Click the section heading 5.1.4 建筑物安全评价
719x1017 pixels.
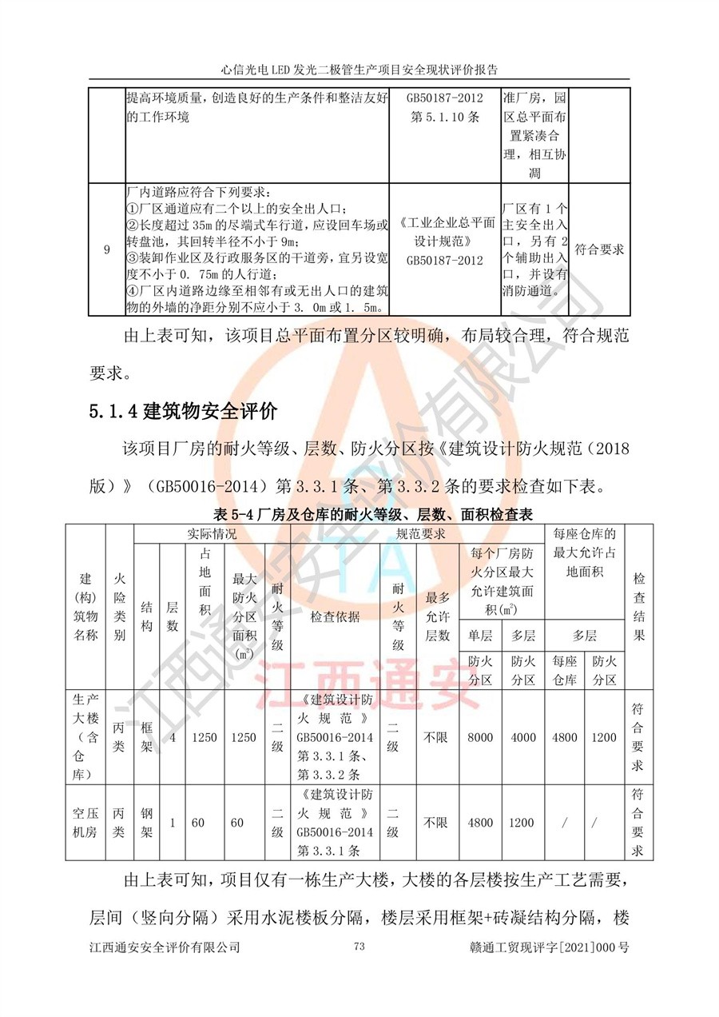click(183, 412)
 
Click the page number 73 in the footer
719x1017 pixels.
click(359, 947)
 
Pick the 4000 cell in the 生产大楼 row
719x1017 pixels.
click(523, 737)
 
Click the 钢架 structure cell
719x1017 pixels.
click(146, 823)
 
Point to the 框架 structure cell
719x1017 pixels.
click(146, 737)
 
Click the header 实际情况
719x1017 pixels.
click(212, 533)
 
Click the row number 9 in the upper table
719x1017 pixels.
click(107, 249)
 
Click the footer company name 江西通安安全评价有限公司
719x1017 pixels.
click(165, 947)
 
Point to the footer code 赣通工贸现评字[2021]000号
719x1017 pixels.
click(550, 947)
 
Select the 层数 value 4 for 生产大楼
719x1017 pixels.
click(173, 737)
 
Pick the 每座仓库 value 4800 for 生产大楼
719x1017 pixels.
click(566, 737)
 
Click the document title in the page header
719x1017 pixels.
click(359, 69)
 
